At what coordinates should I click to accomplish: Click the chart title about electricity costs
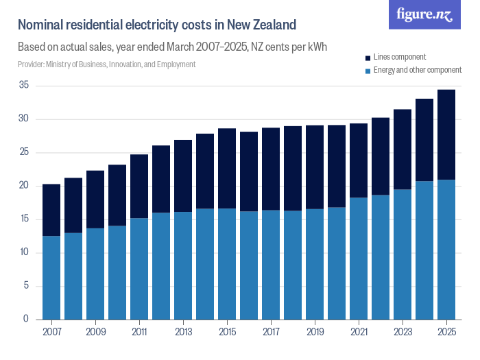(156, 25)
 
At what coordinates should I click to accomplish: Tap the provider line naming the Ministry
(106, 64)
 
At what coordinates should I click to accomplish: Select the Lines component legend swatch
(368, 57)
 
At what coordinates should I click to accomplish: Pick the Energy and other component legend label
(418, 70)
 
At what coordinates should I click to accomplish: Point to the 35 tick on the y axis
(24, 86)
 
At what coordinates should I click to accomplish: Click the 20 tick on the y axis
(24, 186)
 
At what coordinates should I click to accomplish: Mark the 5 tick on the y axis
(27, 286)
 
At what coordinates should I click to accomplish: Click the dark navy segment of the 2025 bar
(446, 134)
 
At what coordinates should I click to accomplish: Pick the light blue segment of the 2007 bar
(51, 277)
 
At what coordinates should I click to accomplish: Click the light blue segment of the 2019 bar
(315, 264)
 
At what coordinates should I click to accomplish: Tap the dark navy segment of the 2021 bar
(359, 160)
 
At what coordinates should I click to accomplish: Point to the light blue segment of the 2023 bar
(403, 254)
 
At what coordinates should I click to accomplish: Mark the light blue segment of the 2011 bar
(139, 268)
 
